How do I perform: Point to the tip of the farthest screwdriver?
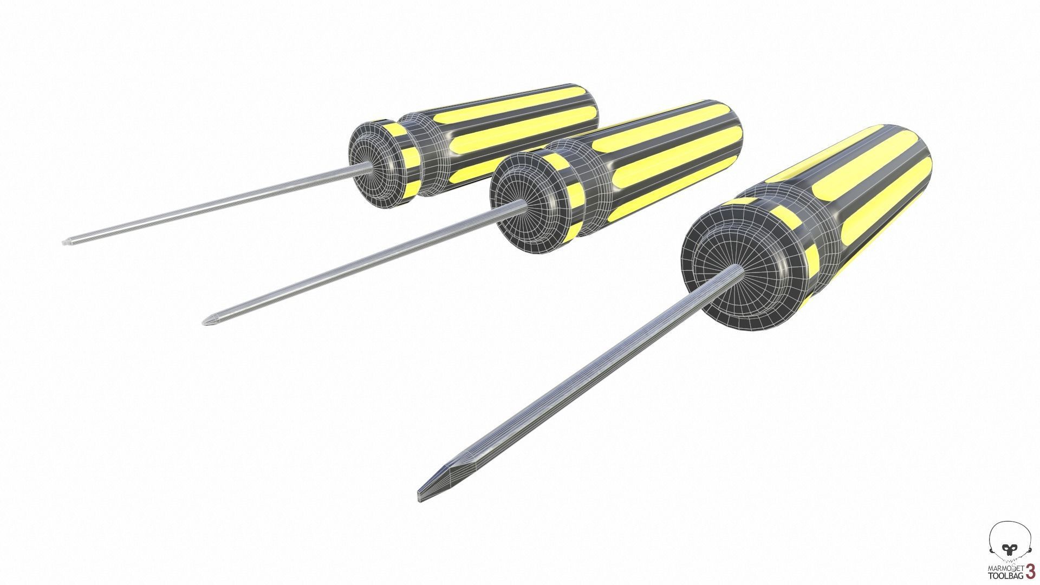point(66,242)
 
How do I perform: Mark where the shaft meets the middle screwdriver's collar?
point(523,204)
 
